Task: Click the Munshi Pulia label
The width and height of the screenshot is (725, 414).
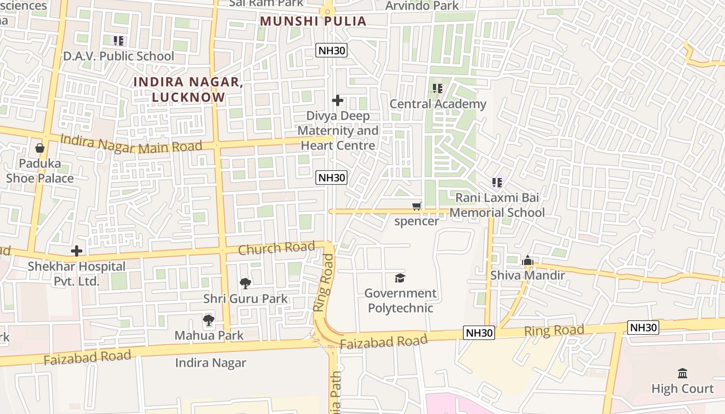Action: click(x=313, y=21)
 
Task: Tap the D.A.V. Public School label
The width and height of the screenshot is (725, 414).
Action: click(x=119, y=56)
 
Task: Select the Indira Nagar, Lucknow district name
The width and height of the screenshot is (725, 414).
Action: click(x=189, y=89)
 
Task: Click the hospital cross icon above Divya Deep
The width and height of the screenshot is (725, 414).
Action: click(x=338, y=100)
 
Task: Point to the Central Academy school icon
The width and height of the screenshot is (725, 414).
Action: click(x=438, y=89)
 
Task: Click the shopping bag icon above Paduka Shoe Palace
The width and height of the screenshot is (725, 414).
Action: click(x=40, y=149)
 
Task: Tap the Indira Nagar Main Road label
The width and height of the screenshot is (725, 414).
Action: click(x=131, y=143)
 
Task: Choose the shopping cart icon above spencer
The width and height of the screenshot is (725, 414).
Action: click(x=417, y=206)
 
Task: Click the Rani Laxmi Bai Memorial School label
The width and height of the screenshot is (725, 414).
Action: click(x=497, y=205)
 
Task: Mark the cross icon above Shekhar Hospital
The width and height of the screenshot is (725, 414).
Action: click(x=77, y=252)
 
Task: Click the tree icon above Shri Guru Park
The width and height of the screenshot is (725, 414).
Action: click(x=245, y=283)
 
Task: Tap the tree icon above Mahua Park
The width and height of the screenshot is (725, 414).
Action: click(x=209, y=320)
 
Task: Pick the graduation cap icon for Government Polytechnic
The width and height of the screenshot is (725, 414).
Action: click(x=400, y=278)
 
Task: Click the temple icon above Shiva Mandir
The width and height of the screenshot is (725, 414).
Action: click(x=528, y=260)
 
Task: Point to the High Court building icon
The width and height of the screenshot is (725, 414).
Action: click(x=683, y=373)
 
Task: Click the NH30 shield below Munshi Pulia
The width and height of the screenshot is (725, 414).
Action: click(x=331, y=50)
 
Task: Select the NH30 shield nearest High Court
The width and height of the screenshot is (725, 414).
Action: click(x=643, y=327)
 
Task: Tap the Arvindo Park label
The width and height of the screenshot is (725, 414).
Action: click(x=422, y=6)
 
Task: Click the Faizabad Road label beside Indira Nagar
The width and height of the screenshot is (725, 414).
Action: click(x=87, y=357)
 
